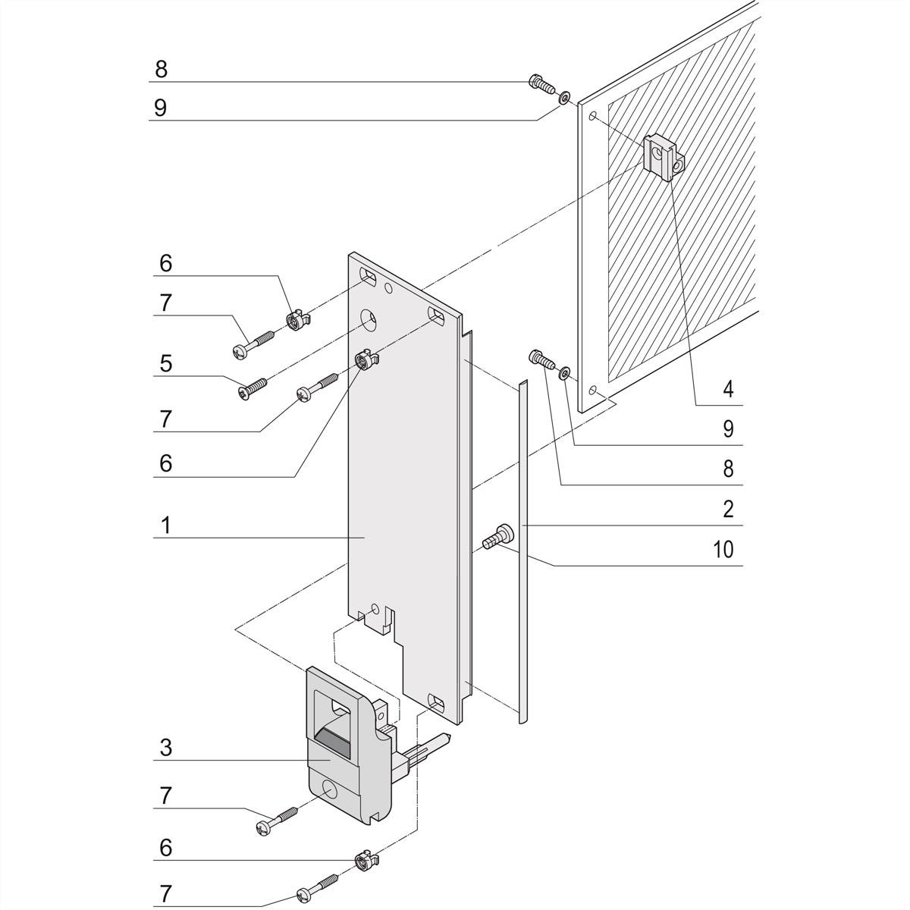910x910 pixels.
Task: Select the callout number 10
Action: pyautogui.click(x=724, y=549)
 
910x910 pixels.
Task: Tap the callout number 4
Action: pyautogui.click(x=728, y=390)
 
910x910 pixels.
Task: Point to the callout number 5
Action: pyautogui.click(x=165, y=363)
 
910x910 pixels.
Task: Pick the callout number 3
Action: pyautogui.click(x=165, y=747)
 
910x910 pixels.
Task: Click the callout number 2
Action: pyautogui.click(x=728, y=509)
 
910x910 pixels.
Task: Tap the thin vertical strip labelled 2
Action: pyautogui.click(x=522, y=554)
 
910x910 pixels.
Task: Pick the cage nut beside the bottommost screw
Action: pyautogui.click(x=365, y=861)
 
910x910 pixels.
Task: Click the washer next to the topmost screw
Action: pyautogui.click(x=564, y=98)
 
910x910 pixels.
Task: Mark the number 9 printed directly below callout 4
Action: pyautogui.click(x=728, y=429)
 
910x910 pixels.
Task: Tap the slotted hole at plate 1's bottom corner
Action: pyautogui.click(x=436, y=701)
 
